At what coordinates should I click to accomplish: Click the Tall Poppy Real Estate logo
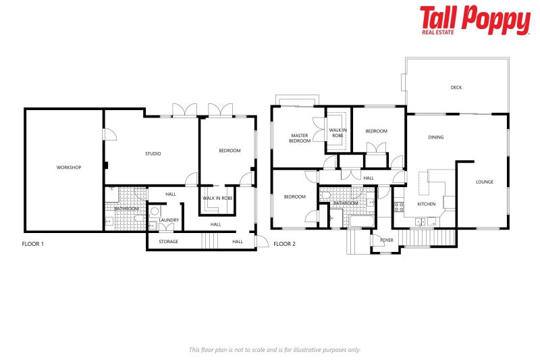(x=475, y=20)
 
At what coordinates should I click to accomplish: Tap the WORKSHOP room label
(x=69, y=168)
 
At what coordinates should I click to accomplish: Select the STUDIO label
(x=153, y=154)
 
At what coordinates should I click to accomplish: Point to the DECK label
(x=456, y=87)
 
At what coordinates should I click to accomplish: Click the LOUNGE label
(x=484, y=182)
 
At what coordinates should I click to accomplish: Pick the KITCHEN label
(x=427, y=204)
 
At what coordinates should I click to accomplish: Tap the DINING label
(x=436, y=138)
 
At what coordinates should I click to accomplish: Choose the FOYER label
(x=387, y=240)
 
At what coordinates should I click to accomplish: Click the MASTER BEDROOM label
(x=299, y=138)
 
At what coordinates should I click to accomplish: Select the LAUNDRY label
(x=169, y=220)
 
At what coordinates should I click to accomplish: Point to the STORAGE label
(x=168, y=241)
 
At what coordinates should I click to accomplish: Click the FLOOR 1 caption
(x=33, y=243)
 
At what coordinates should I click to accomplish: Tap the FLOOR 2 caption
(x=285, y=243)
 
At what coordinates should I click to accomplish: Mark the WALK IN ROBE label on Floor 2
(x=337, y=132)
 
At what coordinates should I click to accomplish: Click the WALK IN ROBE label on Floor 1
(x=217, y=199)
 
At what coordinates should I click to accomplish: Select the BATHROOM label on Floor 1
(x=126, y=209)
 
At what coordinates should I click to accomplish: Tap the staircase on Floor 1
(x=211, y=240)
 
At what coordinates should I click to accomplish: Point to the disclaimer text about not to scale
(x=275, y=350)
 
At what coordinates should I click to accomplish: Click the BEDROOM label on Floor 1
(x=230, y=151)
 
